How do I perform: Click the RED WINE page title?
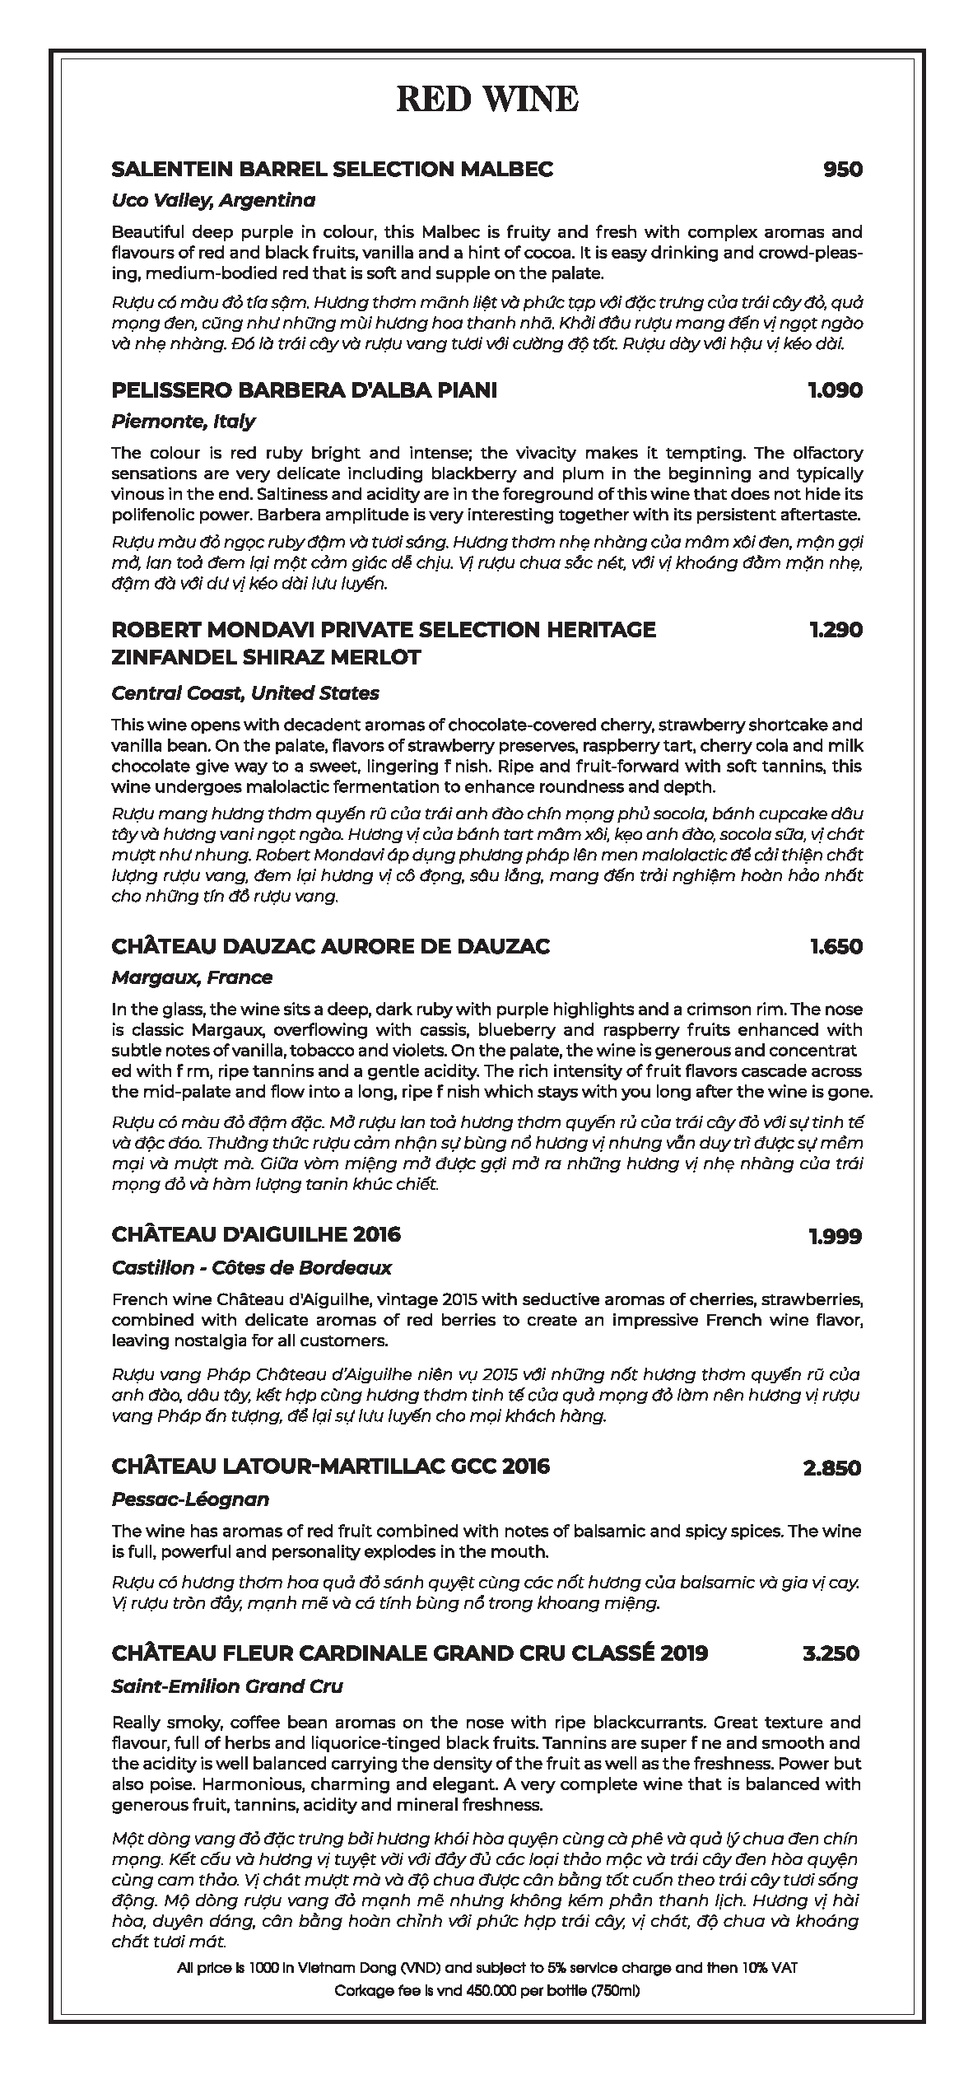coord(486,100)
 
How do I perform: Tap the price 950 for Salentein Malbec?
coord(842,170)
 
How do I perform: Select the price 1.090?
coord(836,390)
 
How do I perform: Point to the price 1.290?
coord(836,630)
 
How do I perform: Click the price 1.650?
coord(836,947)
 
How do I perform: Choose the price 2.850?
coord(832,1468)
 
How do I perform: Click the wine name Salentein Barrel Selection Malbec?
coord(332,170)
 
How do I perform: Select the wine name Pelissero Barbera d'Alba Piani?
coord(304,390)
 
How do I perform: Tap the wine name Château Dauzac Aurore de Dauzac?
coord(330,947)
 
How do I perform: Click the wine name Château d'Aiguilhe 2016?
coord(256,1235)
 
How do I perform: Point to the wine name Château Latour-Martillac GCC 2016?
coord(330,1466)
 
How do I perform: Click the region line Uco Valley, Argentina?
coord(213,200)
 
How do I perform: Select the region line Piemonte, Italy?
coord(183,422)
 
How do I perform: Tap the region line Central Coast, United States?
coord(245,693)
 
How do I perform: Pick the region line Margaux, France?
coord(192,977)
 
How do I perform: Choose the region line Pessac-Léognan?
coord(190,1499)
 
